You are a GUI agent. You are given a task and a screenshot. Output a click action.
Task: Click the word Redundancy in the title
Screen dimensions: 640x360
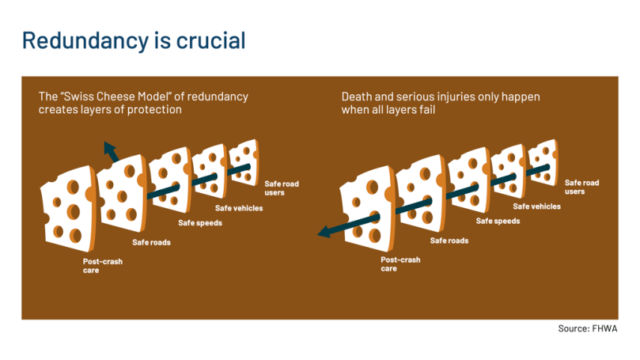coord(85,41)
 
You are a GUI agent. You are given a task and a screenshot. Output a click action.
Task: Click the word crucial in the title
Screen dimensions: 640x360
coord(210,41)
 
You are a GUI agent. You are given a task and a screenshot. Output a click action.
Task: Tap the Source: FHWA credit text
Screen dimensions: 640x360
coord(587,328)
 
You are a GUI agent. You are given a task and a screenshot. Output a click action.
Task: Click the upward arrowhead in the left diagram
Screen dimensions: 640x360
coord(110,150)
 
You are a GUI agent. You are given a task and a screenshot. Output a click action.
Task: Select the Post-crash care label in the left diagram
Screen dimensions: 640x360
coord(103,266)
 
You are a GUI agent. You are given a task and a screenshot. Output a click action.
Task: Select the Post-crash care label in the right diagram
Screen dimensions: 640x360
coord(400,264)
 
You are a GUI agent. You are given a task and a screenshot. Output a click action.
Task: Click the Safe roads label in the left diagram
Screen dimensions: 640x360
coord(151,242)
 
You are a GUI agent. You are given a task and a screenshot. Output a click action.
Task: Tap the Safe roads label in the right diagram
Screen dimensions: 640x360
coord(449,241)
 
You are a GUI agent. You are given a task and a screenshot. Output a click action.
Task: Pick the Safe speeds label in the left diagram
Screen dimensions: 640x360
coord(200,223)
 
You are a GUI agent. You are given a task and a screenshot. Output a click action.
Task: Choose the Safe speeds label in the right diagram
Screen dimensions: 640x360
coord(498,222)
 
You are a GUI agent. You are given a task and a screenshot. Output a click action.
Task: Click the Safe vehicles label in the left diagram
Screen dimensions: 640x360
coord(239,208)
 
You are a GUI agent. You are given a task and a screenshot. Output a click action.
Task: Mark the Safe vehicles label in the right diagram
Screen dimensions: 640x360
coord(536,207)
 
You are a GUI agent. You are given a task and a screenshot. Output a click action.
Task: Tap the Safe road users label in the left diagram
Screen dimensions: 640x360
coord(282,188)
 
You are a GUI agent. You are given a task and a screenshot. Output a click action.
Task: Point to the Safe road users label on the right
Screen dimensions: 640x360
coord(581,187)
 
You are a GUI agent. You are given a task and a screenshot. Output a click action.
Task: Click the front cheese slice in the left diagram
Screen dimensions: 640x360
coord(69,208)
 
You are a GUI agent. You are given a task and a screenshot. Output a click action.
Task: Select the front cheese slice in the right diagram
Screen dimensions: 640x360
coord(367,208)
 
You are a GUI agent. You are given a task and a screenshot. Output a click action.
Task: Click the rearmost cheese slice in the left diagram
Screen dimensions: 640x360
coord(244,163)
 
